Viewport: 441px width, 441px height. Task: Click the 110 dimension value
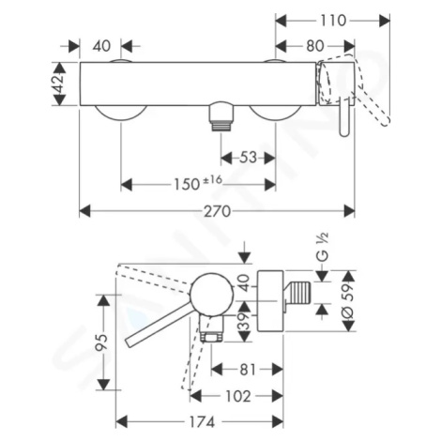(333, 21)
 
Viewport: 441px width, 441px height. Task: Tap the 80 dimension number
(315, 46)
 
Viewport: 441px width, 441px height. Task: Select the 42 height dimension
(59, 84)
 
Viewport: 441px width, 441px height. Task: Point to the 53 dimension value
(248, 158)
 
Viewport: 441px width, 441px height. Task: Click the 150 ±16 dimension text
(198, 183)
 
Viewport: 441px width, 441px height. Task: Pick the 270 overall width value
(218, 211)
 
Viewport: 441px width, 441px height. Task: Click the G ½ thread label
(323, 247)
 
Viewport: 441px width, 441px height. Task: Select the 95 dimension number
(102, 342)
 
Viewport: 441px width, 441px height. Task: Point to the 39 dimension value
(244, 321)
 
